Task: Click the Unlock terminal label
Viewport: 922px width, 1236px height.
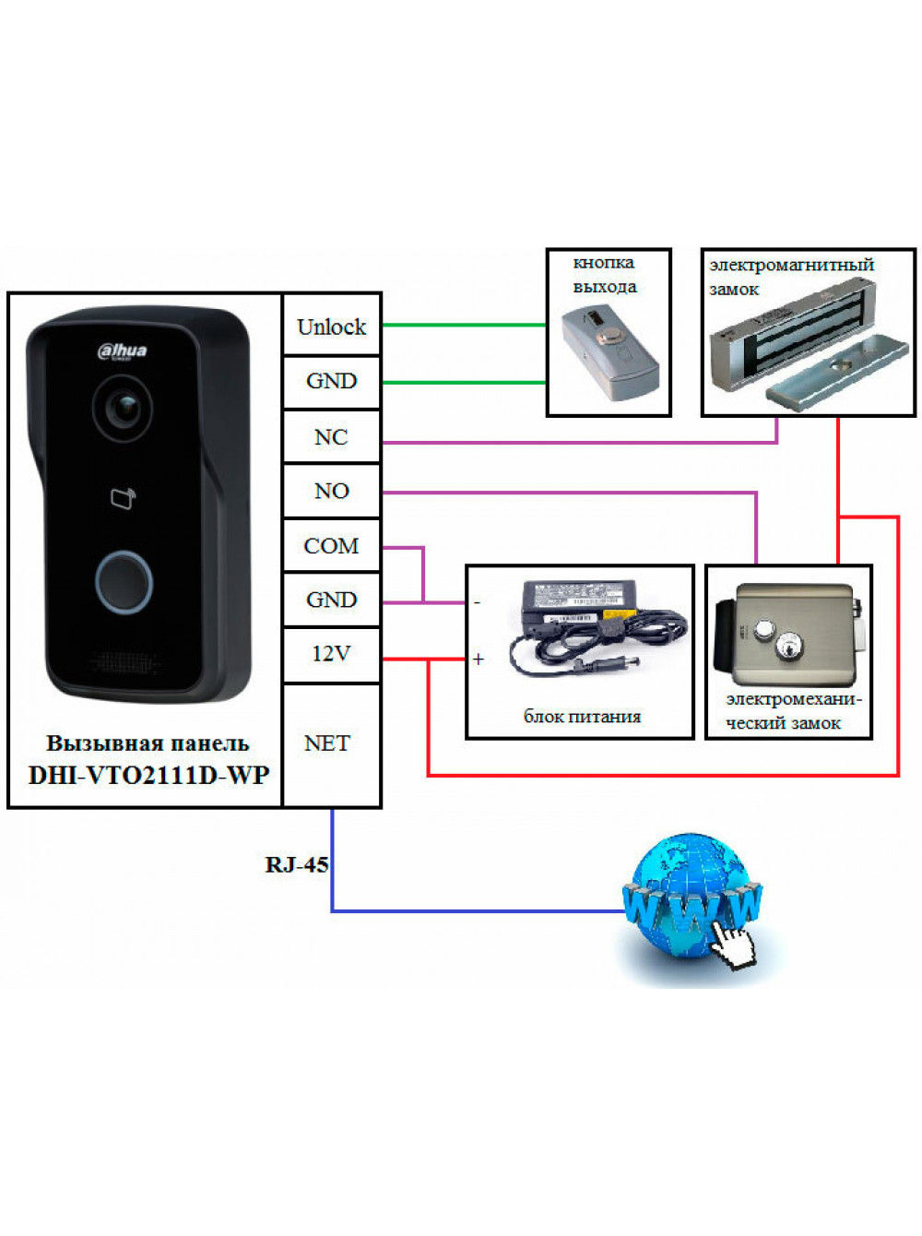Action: tap(331, 327)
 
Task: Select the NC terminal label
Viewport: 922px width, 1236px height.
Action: tap(331, 437)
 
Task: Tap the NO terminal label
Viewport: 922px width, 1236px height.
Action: tap(331, 491)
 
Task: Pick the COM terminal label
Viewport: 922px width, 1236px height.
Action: tap(331, 546)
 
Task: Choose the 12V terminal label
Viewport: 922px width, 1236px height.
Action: tap(331, 654)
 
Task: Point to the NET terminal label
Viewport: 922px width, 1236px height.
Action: tap(327, 743)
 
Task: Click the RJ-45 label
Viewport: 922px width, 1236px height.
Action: tap(297, 864)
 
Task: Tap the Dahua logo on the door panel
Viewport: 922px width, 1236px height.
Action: tap(122, 351)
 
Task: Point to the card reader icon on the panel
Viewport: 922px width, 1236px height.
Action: tap(123, 498)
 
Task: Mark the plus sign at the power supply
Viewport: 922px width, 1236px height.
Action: tap(478, 659)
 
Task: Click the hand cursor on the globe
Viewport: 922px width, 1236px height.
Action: tap(732, 945)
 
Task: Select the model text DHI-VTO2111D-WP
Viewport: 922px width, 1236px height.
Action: tap(148, 776)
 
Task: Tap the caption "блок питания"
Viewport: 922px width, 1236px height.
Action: tap(582, 717)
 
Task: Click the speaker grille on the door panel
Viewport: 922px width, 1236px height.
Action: tap(123, 663)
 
